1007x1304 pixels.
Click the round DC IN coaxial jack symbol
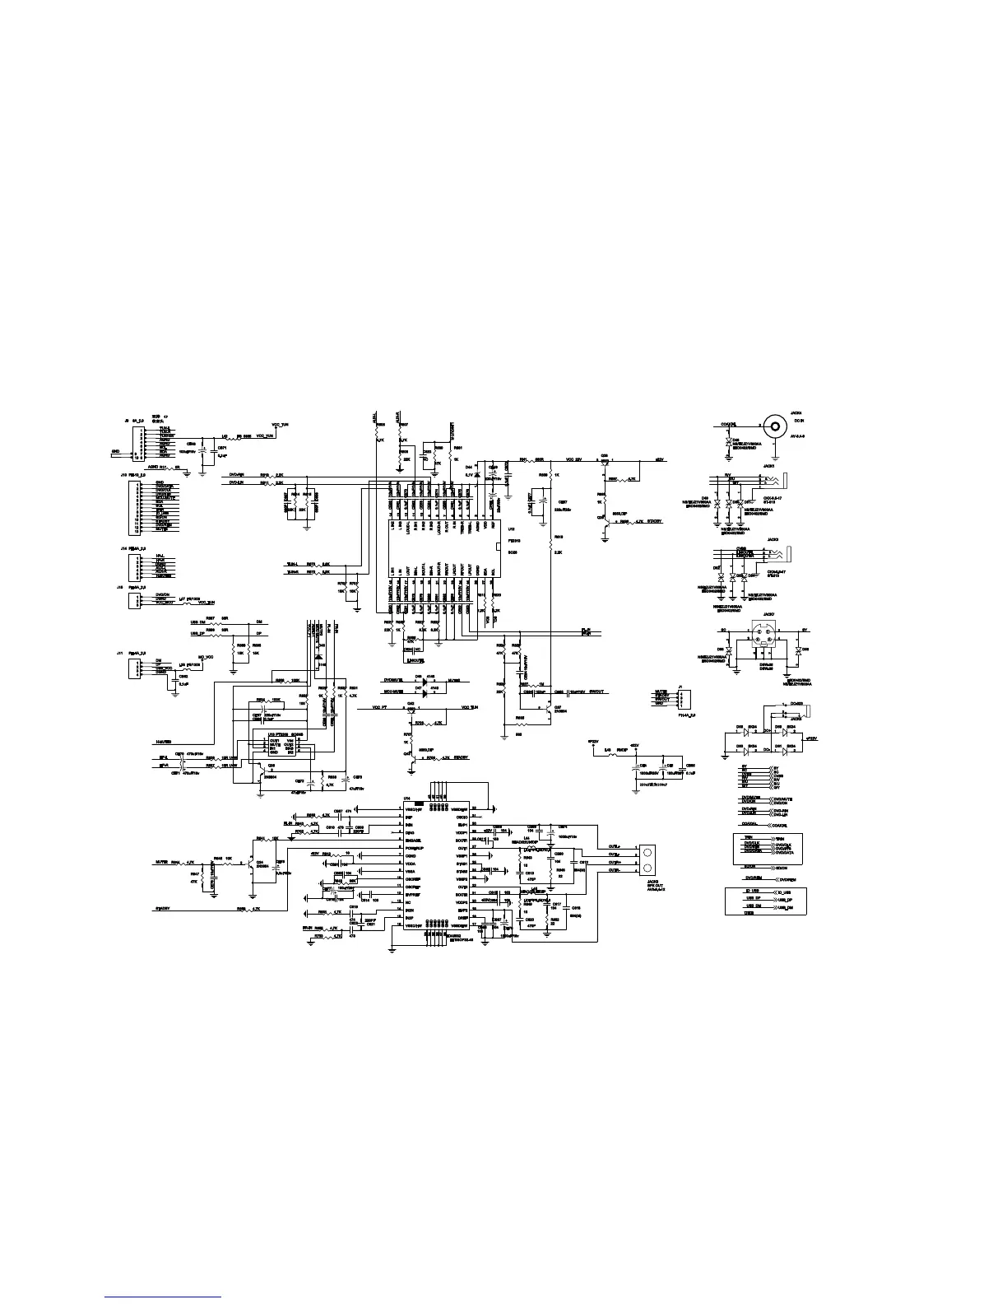[773, 426]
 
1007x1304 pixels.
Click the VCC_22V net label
[573, 459]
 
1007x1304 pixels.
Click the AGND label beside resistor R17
[152, 467]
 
